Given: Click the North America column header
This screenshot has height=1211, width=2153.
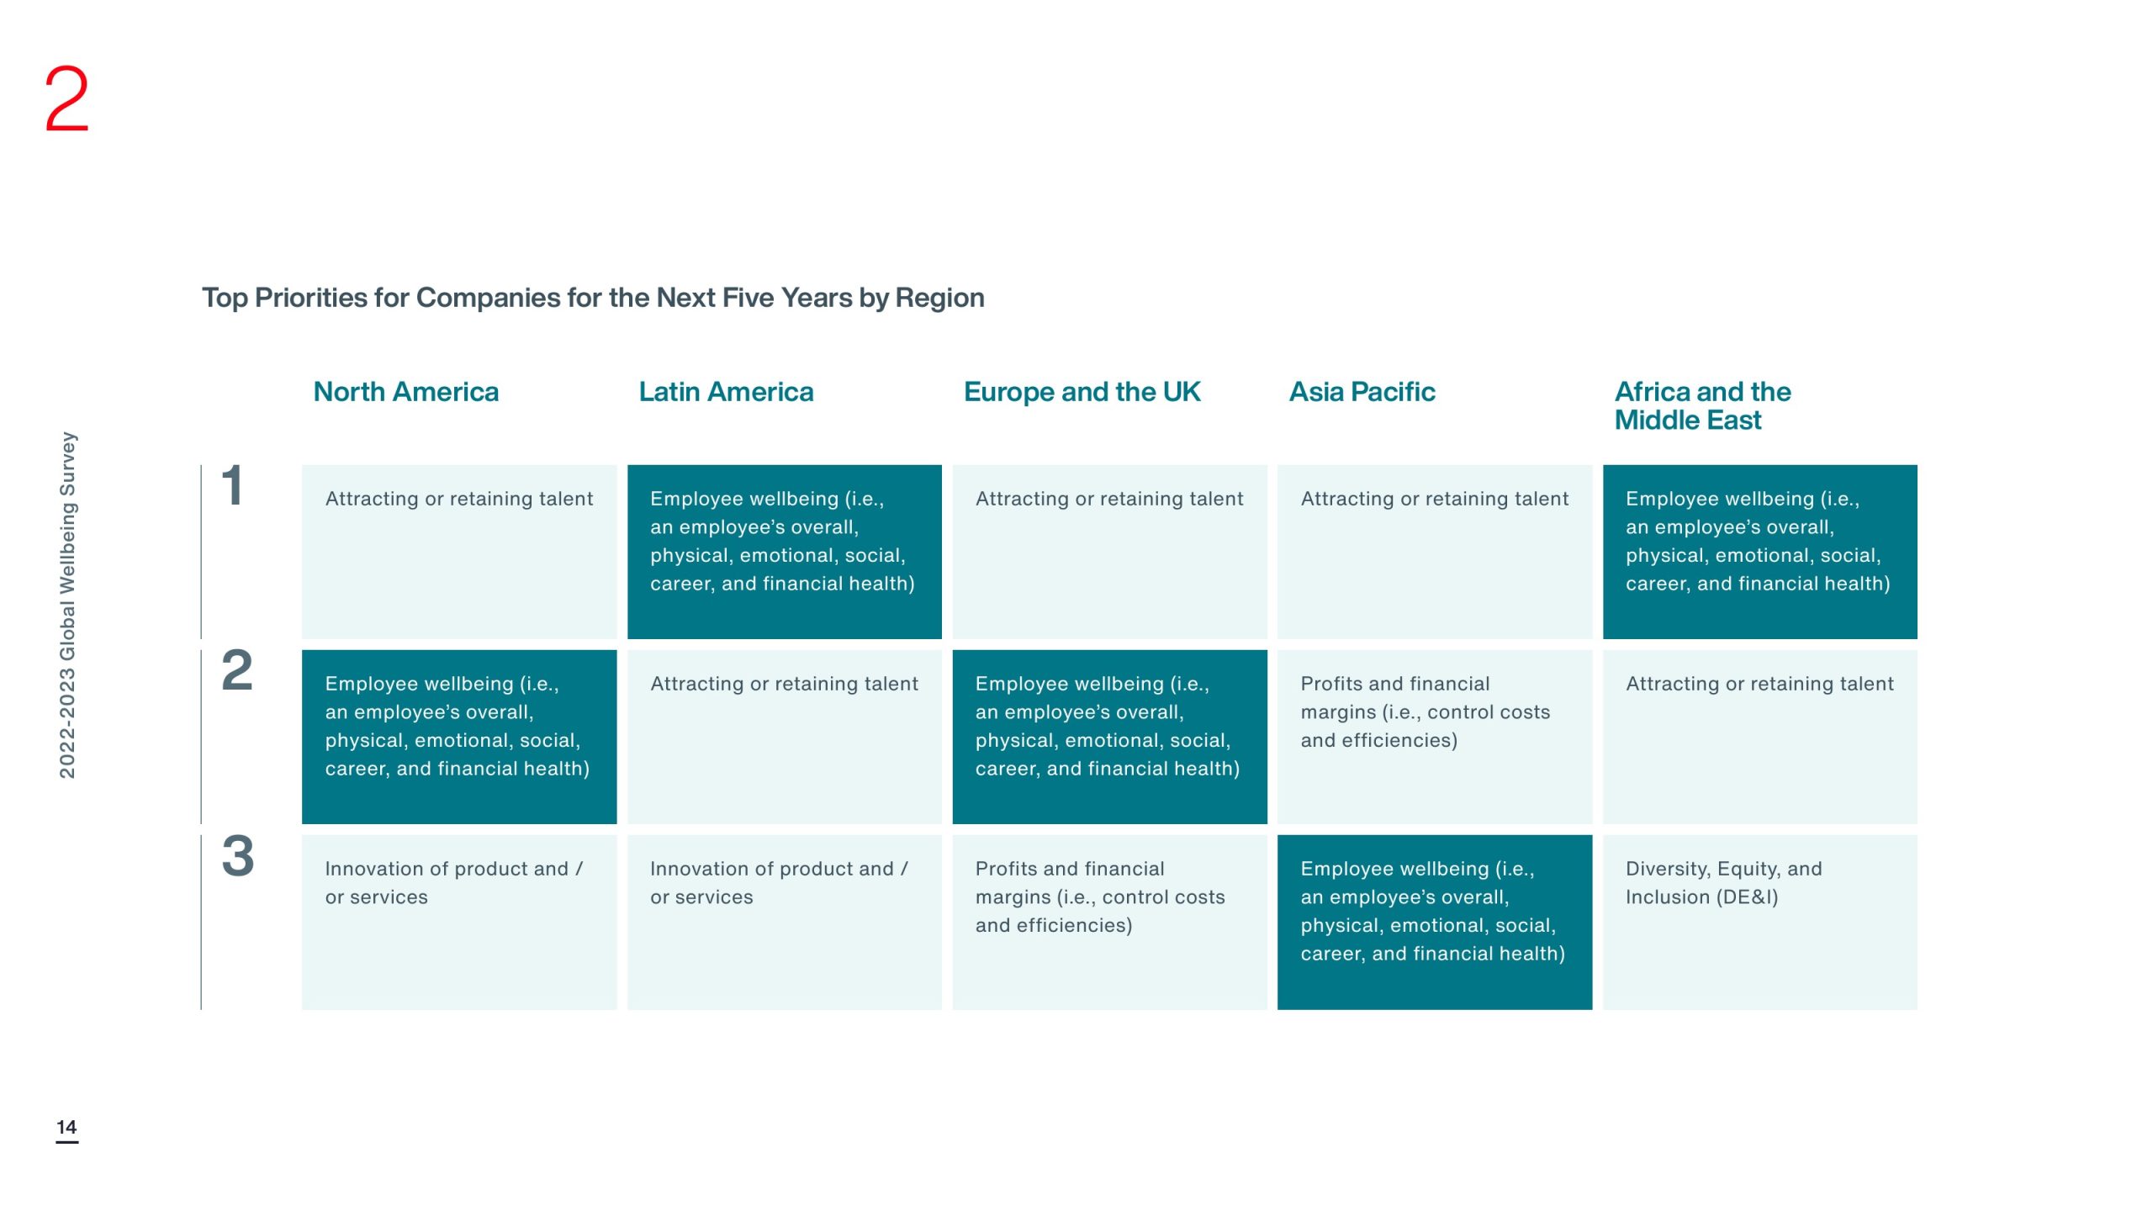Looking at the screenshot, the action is tap(405, 392).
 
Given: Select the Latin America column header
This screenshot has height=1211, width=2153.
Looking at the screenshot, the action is tap(726, 392).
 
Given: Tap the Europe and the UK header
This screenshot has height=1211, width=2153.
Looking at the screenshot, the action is tap(1082, 392).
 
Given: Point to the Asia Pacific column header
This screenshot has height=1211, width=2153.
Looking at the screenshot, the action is tap(1362, 392).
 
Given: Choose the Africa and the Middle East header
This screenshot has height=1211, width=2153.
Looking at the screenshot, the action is tap(1702, 405).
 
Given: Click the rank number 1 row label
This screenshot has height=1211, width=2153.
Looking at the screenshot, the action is tap(232, 486).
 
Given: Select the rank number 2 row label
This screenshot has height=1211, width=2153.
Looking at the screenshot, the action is tap(236, 671).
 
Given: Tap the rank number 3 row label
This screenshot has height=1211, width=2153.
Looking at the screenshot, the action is tap(237, 856).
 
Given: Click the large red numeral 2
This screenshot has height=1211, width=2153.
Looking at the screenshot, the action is tap(66, 99).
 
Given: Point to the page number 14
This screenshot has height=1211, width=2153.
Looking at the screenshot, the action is tap(66, 1127).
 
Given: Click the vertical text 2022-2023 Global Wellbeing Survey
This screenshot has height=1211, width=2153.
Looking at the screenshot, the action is tap(67, 605).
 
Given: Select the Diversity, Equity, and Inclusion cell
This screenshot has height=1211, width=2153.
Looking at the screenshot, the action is tap(1759, 922).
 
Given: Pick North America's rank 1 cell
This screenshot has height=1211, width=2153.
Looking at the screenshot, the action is tap(459, 552).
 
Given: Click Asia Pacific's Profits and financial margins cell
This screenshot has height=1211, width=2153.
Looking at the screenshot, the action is tap(1435, 737).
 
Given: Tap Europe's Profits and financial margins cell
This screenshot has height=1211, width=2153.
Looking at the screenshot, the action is tap(1109, 922).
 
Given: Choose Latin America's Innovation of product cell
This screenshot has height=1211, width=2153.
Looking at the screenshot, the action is tap(785, 922).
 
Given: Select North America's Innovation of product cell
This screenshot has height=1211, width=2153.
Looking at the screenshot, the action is tap(459, 922).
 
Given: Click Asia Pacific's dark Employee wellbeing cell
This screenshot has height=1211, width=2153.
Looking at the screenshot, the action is tap(1435, 922).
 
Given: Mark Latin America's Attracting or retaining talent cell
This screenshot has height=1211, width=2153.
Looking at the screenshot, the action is tap(785, 737).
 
